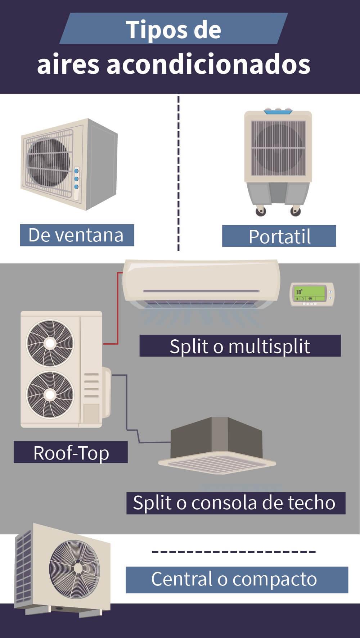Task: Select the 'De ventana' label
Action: [77, 235]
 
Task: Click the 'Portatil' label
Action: [279, 236]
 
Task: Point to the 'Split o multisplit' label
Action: [240, 346]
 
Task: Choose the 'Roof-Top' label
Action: [71, 452]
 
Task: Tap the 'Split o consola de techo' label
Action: [235, 503]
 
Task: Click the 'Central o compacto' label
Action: [237, 579]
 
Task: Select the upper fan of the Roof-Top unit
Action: [50, 343]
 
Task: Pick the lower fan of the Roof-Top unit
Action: [50, 395]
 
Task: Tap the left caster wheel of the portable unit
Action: [261, 211]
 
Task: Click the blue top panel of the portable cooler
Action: [278, 112]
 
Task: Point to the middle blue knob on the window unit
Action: [76, 179]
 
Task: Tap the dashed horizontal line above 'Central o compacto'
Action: [234, 551]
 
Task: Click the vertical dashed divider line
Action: [179, 173]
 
